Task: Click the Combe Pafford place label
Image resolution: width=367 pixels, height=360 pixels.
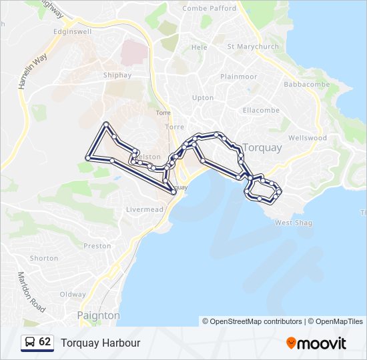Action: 210,9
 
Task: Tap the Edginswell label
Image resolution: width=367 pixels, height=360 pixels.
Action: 73,31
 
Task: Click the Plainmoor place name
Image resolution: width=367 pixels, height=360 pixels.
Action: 238,77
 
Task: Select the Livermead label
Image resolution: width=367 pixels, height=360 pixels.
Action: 145,209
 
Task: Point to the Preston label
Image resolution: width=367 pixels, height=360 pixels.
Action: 97,246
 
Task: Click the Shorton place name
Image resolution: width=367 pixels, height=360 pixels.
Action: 44,258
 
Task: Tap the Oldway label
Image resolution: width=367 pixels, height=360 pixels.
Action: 73,294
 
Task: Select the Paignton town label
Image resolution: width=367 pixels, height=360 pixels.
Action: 98,315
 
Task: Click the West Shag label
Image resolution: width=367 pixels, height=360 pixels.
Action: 293,223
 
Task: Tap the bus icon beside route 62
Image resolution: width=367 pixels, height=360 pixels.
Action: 30,342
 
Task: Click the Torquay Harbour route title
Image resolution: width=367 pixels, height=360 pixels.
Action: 101,343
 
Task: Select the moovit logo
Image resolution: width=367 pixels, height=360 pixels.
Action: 316,343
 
